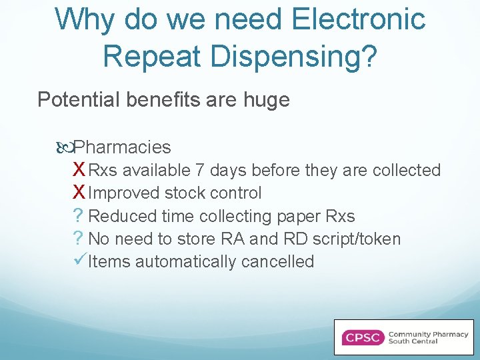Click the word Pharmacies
(122, 147)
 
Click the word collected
(407, 171)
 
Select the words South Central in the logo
(413, 341)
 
